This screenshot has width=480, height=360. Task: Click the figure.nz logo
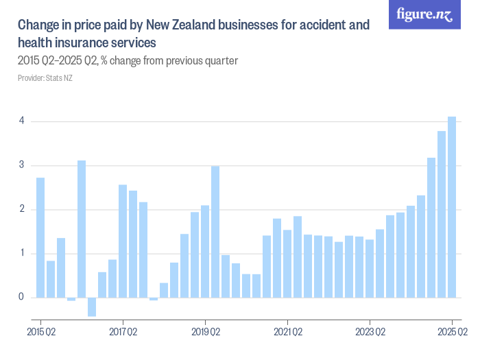point(425,15)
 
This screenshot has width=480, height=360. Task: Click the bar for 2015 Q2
point(40,237)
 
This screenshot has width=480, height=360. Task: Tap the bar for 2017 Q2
point(123,241)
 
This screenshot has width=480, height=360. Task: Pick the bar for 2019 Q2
point(205,251)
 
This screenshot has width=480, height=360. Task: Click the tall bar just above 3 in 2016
point(82,229)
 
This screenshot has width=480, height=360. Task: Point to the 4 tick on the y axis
point(21,121)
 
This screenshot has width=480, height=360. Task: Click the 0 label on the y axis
point(21,298)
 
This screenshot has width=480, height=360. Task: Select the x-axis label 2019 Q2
point(205,332)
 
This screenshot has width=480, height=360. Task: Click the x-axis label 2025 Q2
point(452,332)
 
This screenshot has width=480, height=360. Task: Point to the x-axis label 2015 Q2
point(40,332)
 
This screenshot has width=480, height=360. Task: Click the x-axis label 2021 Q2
point(287,332)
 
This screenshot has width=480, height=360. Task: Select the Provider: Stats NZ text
point(45,78)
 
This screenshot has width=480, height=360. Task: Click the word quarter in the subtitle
point(221,61)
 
